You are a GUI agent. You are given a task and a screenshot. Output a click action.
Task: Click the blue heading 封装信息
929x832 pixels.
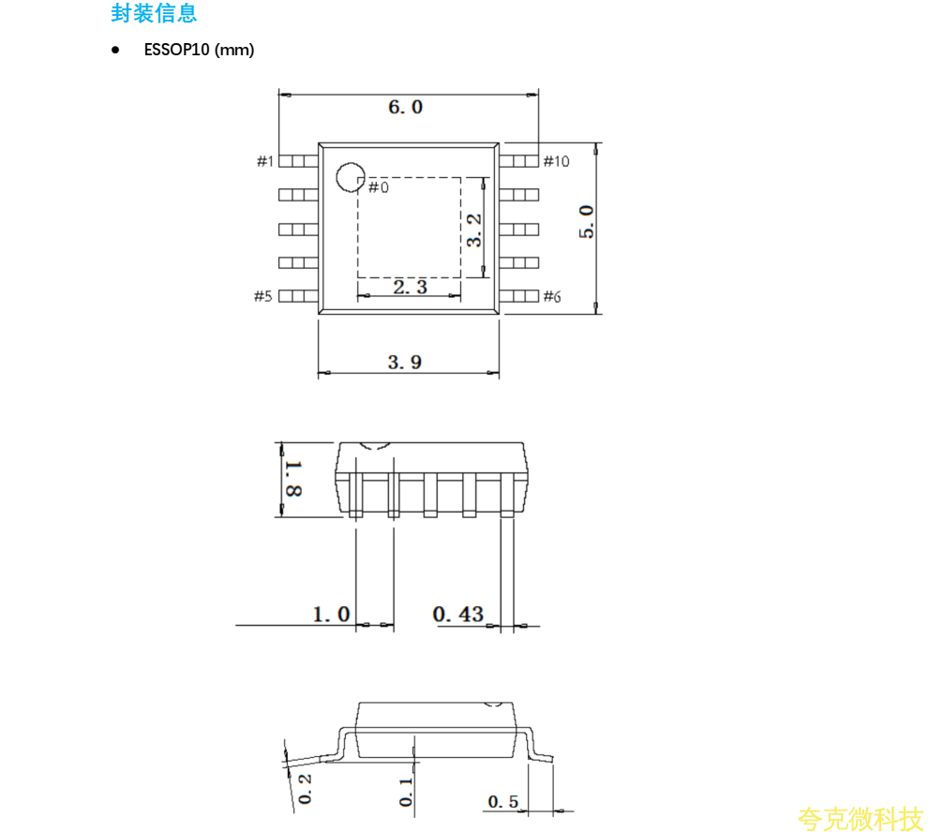point(154,13)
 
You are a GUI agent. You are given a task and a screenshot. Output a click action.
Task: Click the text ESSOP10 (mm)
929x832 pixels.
point(199,50)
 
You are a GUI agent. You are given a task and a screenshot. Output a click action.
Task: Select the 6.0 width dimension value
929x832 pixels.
point(405,107)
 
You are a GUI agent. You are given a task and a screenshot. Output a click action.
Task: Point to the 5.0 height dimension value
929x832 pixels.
point(586,222)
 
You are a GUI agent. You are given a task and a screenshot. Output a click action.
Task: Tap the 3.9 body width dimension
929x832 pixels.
point(405,362)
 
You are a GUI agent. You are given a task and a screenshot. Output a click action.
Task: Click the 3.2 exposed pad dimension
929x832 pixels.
point(474,230)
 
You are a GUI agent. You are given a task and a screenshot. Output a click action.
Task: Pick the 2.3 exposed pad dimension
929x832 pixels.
point(410,288)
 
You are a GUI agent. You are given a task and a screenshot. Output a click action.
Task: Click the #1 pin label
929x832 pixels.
point(265,161)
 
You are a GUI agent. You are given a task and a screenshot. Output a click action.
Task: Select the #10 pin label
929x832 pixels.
point(556,161)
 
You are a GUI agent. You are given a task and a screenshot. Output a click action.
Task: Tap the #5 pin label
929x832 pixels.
point(263,296)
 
